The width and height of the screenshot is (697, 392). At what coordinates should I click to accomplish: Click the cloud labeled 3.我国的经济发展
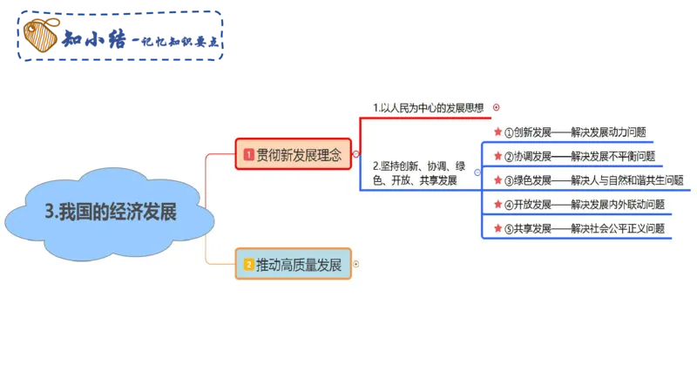pyautogui.click(x=110, y=211)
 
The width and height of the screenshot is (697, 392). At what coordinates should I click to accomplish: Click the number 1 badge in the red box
pyautogui.click(x=249, y=154)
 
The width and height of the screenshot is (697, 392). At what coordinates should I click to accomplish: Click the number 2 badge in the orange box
pyautogui.click(x=248, y=264)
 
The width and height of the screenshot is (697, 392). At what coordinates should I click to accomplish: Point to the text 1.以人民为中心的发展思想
pyautogui.click(x=428, y=108)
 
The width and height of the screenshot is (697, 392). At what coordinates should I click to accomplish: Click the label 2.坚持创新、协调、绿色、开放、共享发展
pyautogui.click(x=418, y=172)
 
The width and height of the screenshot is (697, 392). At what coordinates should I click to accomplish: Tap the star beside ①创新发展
pyautogui.click(x=497, y=132)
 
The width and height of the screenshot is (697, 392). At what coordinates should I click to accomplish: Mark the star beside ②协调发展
pyautogui.click(x=497, y=157)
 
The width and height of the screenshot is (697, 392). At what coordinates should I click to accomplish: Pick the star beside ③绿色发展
pyautogui.click(x=497, y=180)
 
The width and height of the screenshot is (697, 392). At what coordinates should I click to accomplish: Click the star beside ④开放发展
pyautogui.click(x=497, y=205)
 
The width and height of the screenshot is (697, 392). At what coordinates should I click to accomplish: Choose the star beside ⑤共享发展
pyautogui.click(x=497, y=228)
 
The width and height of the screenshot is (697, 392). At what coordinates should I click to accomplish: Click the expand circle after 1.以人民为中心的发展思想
pyautogui.click(x=497, y=108)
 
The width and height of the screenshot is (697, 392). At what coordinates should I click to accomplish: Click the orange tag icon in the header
pyautogui.click(x=40, y=36)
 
